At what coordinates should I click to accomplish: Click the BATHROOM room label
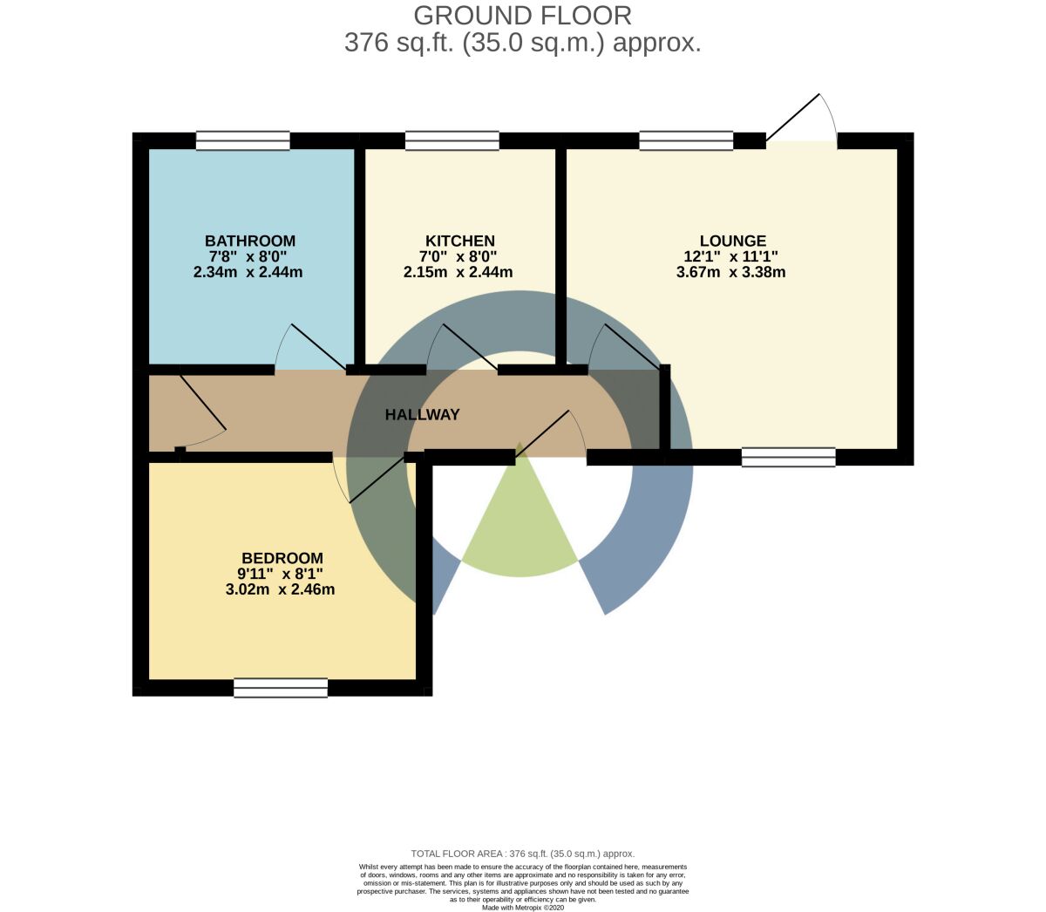[x=250, y=241]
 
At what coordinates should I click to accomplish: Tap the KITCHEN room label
[x=460, y=241]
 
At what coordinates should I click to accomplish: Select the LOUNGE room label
[x=732, y=241]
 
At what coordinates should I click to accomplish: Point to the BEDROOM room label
[x=282, y=558]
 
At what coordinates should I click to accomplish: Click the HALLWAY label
[x=422, y=415]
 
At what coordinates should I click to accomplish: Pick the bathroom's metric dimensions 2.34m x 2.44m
[x=248, y=272]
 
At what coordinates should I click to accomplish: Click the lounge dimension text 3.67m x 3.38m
[x=731, y=272]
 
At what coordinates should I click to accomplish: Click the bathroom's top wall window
[x=243, y=140]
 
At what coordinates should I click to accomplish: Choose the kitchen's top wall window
[x=452, y=140]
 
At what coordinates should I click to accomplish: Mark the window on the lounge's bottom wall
[x=789, y=458]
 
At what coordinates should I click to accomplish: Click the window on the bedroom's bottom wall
[x=281, y=688]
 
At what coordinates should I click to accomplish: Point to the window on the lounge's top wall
[x=687, y=140]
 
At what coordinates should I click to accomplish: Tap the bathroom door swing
[x=310, y=346]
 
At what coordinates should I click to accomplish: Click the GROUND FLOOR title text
[x=522, y=16]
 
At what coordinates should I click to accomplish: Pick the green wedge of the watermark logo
[x=520, y=516]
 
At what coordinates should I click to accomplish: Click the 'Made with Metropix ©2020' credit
[x=522, y=908]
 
